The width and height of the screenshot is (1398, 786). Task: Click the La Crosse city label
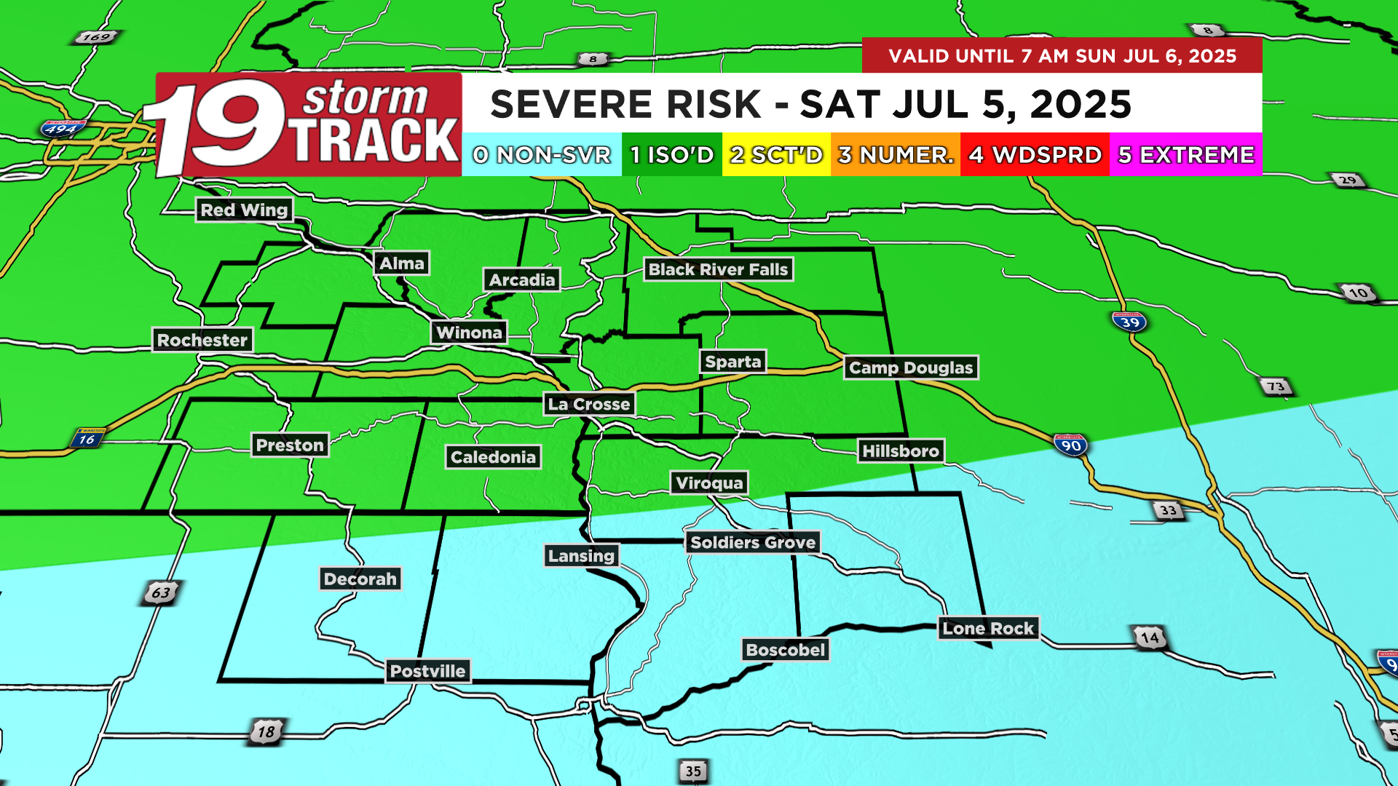pyautogui.click(x=589, y=404)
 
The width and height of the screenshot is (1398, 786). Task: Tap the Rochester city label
pyautogui.click(x=202, y=340)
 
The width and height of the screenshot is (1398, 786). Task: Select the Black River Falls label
pyautogui.click(x=718, y=269)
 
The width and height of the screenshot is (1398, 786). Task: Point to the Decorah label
pyautogui.click(x=360, y=579)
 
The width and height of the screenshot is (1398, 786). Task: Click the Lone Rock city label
pyautogui.click(x=988, y=628)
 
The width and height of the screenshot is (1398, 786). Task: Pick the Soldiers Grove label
pyautogui.click(x=753, y=542)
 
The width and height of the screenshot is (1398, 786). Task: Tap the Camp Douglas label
pyautogui.click(x=911, y=368)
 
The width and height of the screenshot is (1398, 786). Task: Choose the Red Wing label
pyautogui.click(x=244, y=210)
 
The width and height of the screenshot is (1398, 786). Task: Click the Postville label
pyautogui.click(x=427, y=671)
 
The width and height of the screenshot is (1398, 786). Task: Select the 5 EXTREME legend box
pyautogui.click(x=1185, y=154)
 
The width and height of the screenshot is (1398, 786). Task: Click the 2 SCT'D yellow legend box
pyautogui.click(x=776, y=154)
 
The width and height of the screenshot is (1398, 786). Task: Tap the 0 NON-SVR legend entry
pyautogui.click(x=542, y=154)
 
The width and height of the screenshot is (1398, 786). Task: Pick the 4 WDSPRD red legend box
pyautogui.click(x=1035, y=154)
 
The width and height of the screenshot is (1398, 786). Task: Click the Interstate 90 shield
pyautogui.click(x=1071, y=445)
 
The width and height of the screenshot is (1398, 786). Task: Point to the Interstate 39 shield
pyautogui.click(x=1129, y=321)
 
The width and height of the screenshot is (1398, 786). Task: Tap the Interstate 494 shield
pyautogui.click(x=62, y=130)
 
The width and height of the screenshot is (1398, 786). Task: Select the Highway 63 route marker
pyautogui.click(x=161, y=592)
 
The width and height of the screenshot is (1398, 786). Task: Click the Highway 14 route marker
pyautogui.click(x=1150, y=638)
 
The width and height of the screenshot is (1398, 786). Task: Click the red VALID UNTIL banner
pyautogui.click(x=1062, y=55)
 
